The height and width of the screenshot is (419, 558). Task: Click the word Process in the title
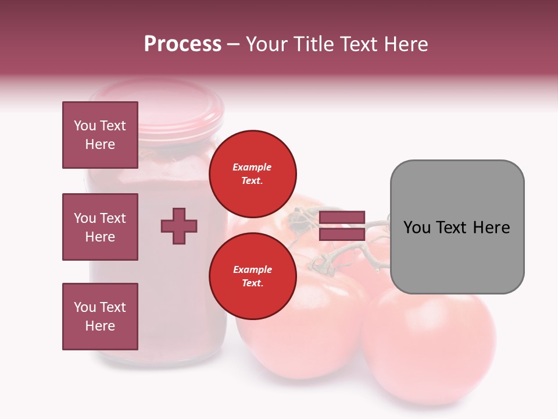[183, 44]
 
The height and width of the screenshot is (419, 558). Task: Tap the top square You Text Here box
[100, 135]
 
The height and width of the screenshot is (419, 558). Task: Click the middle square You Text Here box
[100, 227]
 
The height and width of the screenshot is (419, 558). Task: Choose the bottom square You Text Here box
[100, 317]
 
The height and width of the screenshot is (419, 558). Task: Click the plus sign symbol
[179, 226]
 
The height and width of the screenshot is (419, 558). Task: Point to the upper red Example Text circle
[252, 173]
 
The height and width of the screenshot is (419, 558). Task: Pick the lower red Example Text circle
[252, 276]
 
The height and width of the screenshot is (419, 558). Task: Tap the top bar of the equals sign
[342, 218]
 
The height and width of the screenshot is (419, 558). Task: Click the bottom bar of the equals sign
[342, 235]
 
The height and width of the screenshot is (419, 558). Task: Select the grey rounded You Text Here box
[457, 227]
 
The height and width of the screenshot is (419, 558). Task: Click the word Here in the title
[406, 44]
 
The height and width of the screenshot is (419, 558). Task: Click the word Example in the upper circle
[252, 167]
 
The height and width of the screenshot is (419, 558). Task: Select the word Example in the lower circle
[252, 269]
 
